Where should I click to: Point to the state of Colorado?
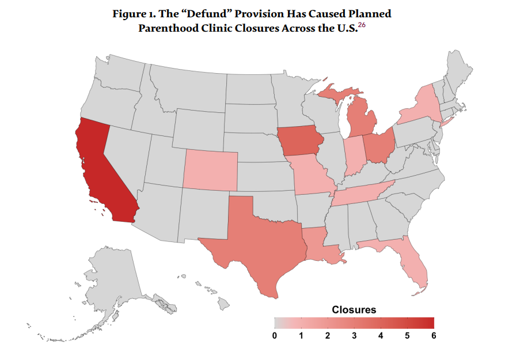pos(210,170)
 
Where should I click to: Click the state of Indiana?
pos(354,156)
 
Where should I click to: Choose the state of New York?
pos(420,107)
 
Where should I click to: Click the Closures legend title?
pos(354,310)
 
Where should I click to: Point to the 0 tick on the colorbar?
pos(275,335)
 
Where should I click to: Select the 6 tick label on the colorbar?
pos(433,335)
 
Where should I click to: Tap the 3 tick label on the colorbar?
pos(354,335)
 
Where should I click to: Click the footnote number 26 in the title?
pos(361,25)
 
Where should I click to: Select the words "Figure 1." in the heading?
pos(134,13)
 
